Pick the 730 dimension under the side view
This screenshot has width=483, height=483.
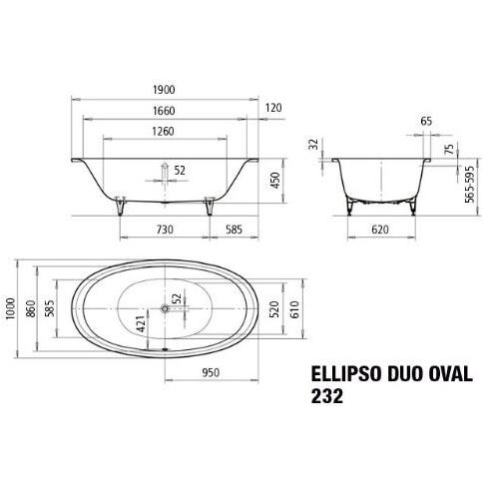click(x=165, y=230)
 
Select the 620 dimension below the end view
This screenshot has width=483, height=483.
click(x=380, y=230)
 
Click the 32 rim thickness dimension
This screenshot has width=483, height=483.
click(x=313, y=145)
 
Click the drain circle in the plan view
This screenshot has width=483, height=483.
click(x=166, y=308)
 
